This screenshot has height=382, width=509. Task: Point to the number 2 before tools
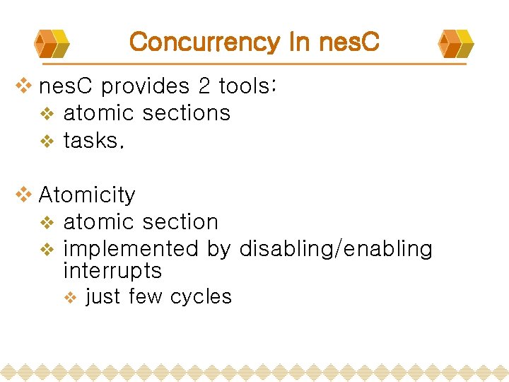click(204, 86)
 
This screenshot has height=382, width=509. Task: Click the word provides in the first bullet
click(145, 86)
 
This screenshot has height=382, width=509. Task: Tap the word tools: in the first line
click(247, 86)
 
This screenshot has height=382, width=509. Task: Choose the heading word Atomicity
click(87, 195)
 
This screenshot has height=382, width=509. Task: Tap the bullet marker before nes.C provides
click(25, 86)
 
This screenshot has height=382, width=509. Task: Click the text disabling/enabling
click(336, 249)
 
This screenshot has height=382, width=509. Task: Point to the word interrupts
click(112, 271)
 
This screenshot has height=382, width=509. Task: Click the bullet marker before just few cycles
click(70, 298)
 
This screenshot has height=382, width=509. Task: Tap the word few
click(146, 297)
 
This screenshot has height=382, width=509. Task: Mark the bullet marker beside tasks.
click(47, 141)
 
